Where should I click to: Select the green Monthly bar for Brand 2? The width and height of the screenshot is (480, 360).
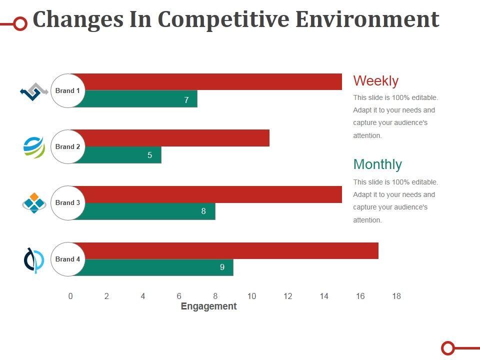(120, 155)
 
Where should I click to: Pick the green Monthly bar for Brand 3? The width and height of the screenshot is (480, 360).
(145, 211)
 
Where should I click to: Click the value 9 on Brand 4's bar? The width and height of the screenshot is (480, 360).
(222, 267)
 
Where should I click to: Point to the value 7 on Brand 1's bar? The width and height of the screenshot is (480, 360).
(186, 100)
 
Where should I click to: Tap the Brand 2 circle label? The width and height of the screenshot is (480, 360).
(68, 147)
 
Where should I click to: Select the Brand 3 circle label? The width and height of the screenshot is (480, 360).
(68, 203)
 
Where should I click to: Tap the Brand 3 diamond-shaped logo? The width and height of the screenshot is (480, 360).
(34, 203)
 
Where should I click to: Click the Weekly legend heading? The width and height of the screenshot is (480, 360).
(375, 81)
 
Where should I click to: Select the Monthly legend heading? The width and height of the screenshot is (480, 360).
(377, 164)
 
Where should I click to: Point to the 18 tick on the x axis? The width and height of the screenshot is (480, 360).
(396, 296)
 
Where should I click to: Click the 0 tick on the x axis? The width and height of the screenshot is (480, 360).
(70, 296)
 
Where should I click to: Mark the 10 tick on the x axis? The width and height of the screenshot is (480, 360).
(251, 296)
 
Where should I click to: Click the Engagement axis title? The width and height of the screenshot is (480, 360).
(208, 306)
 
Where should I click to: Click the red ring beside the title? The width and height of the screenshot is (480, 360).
(20, 23)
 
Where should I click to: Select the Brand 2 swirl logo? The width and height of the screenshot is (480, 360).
(34, 147)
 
